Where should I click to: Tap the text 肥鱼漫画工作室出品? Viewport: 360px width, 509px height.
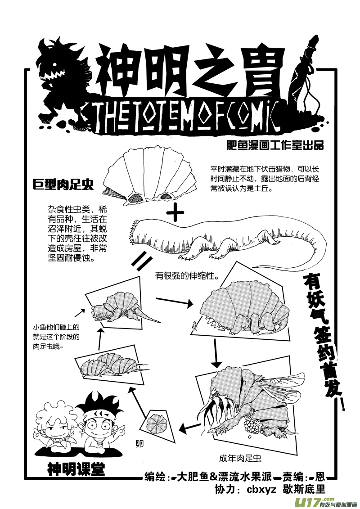click(276, 146)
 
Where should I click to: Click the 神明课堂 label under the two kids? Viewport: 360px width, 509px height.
click(76, 470)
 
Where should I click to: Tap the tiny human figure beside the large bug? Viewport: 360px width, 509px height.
click(194, 325)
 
